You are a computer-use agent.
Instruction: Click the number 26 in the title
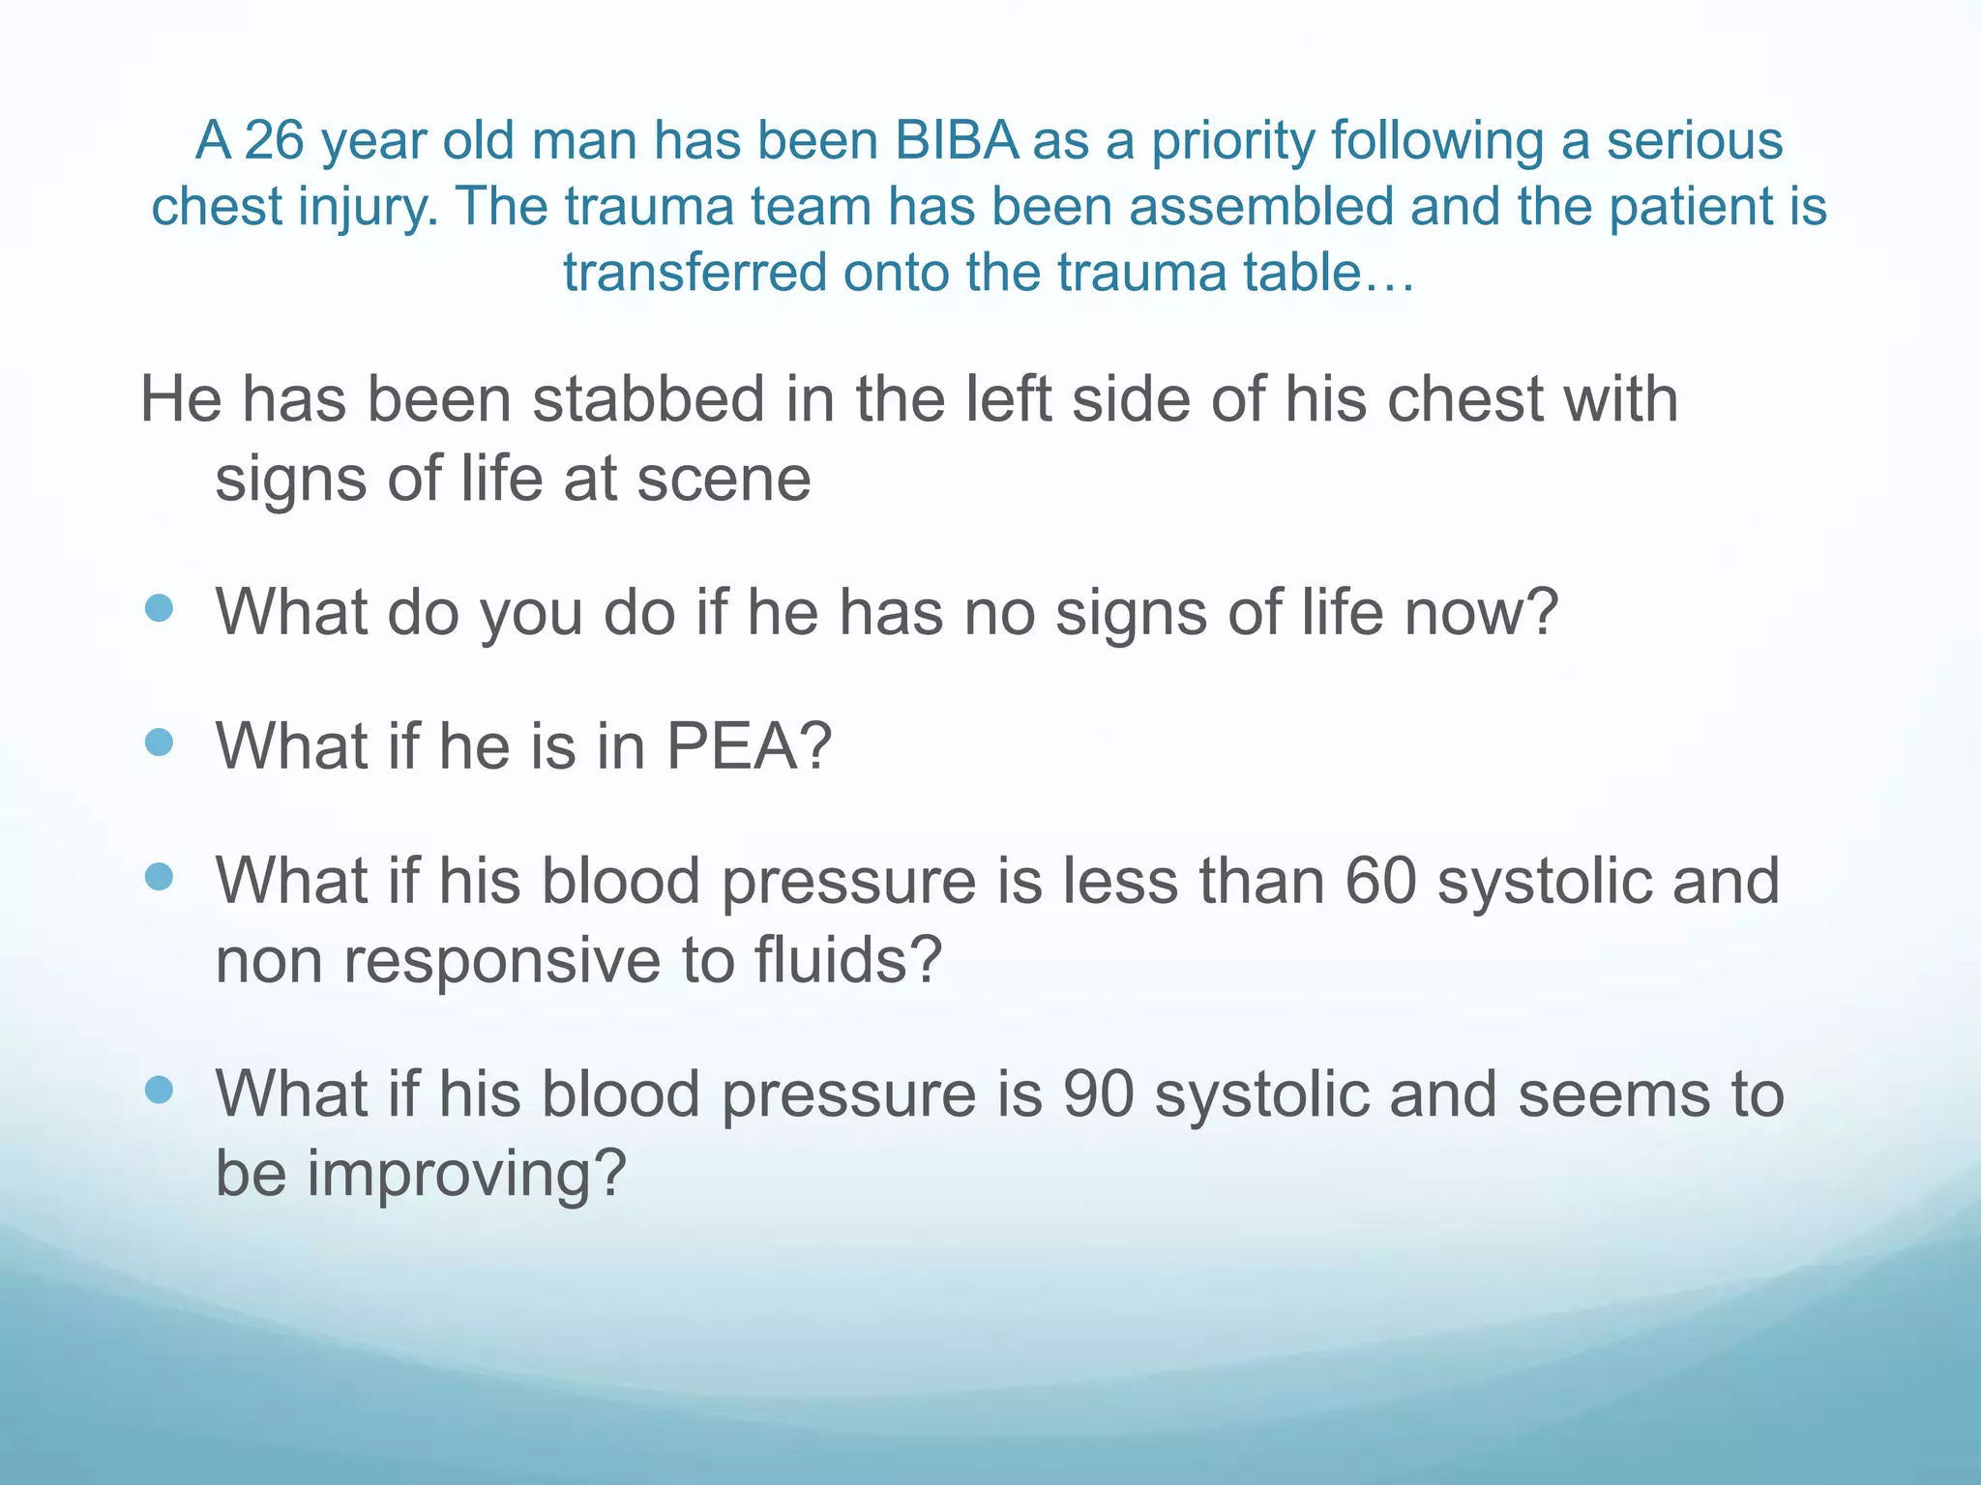click(274, 141)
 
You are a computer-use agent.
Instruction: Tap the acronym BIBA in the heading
click(957, 141)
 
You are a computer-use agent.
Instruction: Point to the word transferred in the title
click(694, 273)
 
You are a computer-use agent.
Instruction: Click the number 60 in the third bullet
click(1380, 881)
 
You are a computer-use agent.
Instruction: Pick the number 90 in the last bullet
click(1098, 1094)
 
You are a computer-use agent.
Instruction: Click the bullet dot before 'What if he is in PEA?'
click(159, 742)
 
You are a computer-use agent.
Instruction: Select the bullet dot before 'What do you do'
click(159, 608)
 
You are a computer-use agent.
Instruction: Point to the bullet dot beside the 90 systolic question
click(159, 1091)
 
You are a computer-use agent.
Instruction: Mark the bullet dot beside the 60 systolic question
click(159, 877)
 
